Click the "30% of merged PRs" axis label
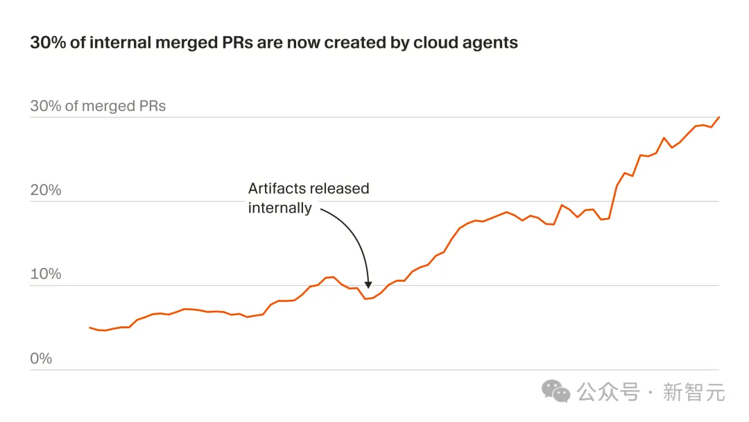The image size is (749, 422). click(98, 106)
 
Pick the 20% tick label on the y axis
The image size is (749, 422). click(46, 190)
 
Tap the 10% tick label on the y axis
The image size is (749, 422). click(46, 274)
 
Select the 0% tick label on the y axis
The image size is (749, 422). click(41, 358)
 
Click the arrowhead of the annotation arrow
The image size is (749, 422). click(368, 284)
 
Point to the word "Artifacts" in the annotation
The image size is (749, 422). click(277, 189)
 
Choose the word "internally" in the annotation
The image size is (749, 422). click(280, 208)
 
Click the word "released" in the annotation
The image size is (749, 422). click(339, 189)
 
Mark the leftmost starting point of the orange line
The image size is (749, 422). click(90, 327)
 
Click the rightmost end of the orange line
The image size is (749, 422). click(719, 117)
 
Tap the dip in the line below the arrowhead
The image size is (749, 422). click(366, 298)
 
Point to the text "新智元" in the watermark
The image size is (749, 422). click(694, 392)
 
